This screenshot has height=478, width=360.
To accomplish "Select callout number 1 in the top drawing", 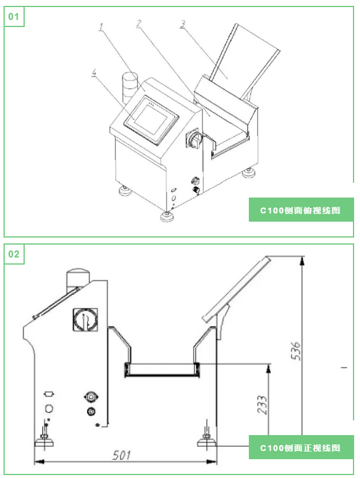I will coord(101,26).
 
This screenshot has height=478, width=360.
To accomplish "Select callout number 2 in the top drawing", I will coord(138,24).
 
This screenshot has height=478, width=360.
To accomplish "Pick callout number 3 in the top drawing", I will coord(183,24).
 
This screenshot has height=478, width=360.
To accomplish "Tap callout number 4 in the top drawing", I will coord(94,73).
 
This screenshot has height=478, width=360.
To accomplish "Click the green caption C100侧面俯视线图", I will coord(301,209).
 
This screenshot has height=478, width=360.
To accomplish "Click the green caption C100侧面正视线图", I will coord(301,447).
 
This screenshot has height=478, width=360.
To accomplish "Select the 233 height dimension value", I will coord(262,406).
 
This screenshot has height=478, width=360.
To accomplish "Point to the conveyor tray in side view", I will coord(162,370).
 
